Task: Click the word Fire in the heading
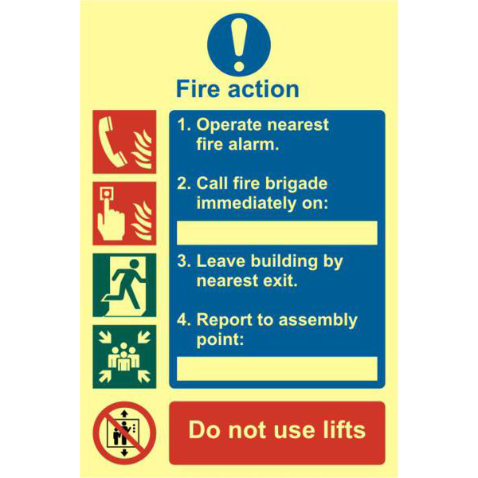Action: tap(197, 88)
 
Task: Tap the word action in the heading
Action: tap(261, 88)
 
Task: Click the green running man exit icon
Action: tap(123, 284)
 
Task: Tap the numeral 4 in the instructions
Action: tap(182, 320)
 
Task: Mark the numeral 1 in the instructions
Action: tap(182, 125)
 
